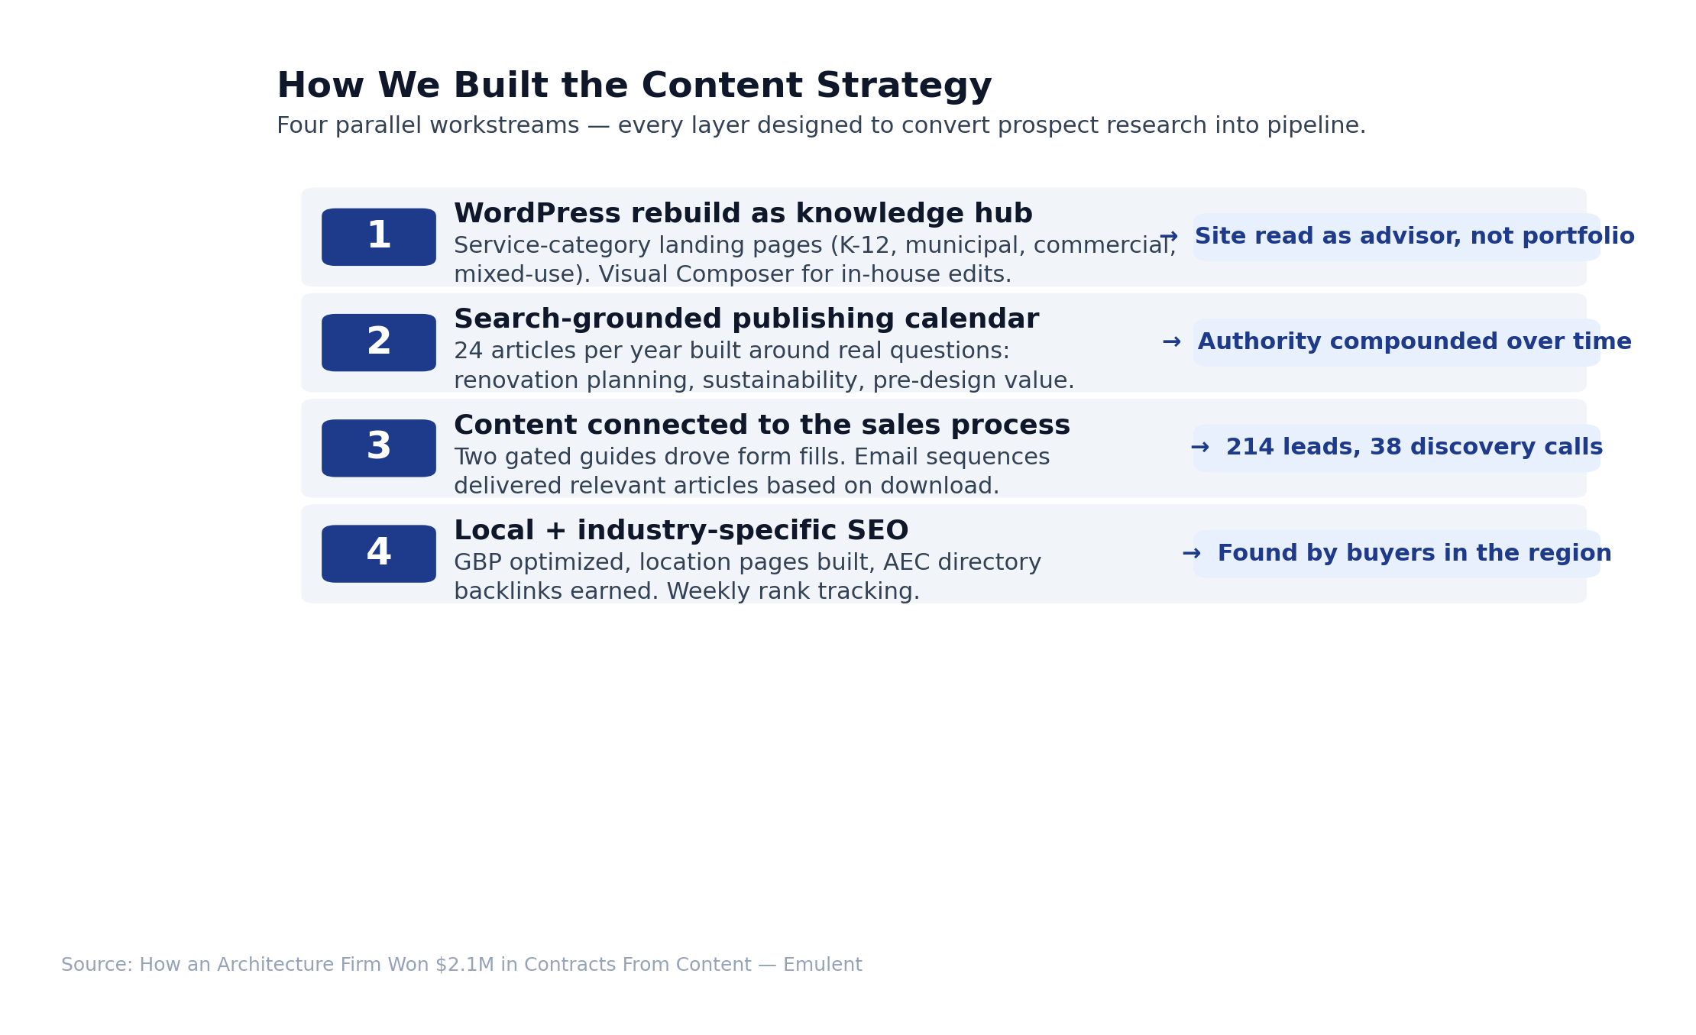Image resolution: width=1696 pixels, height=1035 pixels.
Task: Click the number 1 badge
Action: click(x=379, y=237)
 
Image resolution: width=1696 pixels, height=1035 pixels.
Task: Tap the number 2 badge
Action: click(x=379, y=343)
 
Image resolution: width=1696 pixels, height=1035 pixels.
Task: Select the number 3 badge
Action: click(x=379, y=448)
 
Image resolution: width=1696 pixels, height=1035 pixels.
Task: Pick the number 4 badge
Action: click(x=379, y=554)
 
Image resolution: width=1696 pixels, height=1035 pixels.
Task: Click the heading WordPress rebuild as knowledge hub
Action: click(x=743, y=214)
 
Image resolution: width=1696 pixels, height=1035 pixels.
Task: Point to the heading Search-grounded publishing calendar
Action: click(x=746, y=319)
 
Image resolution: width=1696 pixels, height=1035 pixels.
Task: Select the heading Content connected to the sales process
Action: click(x=762, y=425)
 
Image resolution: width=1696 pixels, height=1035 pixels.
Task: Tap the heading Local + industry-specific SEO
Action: click(x=681, y=531)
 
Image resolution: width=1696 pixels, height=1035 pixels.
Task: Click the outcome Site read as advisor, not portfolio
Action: click(x=1415, y=237)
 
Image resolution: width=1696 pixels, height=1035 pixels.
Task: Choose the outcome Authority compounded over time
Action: click(x=1415, y=342)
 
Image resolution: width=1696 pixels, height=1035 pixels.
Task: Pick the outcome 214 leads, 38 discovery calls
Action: click(x=1415, y=448)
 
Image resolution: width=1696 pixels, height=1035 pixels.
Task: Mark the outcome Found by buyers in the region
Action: click(x=1415, y=553)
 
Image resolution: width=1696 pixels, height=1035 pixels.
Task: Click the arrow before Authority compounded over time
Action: click(x=1172, y=342)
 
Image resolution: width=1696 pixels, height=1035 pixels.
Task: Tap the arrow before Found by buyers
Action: click(x=1192, y=554)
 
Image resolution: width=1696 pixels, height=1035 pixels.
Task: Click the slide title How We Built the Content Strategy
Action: click(x=634, y=86)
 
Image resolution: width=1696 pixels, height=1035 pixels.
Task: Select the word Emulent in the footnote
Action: click(x=823, y=965)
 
